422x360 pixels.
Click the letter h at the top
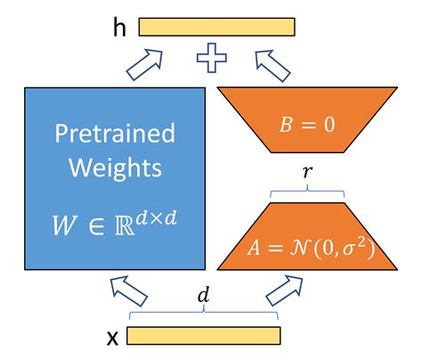[119, 28]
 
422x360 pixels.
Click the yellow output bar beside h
[216, 28]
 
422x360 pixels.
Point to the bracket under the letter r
[308, 192]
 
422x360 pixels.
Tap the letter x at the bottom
[112, 340]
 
